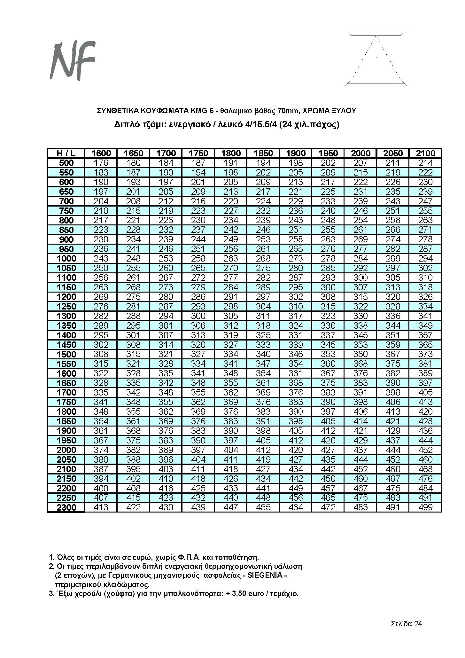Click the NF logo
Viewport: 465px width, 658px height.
(73, 60)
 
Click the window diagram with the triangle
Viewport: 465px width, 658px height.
(376, 58)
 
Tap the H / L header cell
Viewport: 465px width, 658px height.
(66, 153)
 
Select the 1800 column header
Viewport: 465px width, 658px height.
(231, 153)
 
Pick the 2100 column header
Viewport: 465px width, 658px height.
(425, 153)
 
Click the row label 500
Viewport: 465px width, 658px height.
(66, 163)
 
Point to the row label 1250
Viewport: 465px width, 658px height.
(66, 306)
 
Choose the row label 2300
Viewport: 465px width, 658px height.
(66, 507)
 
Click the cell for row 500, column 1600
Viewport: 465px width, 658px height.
(101, 163)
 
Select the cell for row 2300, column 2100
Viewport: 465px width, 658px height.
(425, 507)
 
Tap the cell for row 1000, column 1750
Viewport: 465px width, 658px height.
(198, 258)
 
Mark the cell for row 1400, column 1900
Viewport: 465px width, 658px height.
(296, 335)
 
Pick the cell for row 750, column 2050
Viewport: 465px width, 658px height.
(393, 211)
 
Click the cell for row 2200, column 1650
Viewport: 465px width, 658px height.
(134, 488)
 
